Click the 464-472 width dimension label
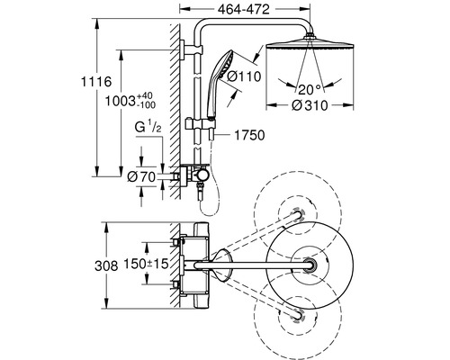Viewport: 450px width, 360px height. pyautogui.click(x=244, y=10)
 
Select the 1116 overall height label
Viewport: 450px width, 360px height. pyautogui.click(x=96, y=82)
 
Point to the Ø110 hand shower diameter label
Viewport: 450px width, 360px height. pyautogui.click(x=244, y=76)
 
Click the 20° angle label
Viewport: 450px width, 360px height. pyautogui.click(x=309, y=89)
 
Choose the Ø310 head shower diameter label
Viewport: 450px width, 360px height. pyautogui.click(x=310, y=105)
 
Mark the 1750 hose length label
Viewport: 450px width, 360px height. pyautogui.click(x=249, y=135)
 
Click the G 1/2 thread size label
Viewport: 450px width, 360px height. pyautogui.click(x=148, y=128)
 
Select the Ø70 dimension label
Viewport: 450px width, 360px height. pyautogui.click(x=141, y=177)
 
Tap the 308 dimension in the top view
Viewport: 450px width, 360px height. pyautogui.click(x=106, y=265)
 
